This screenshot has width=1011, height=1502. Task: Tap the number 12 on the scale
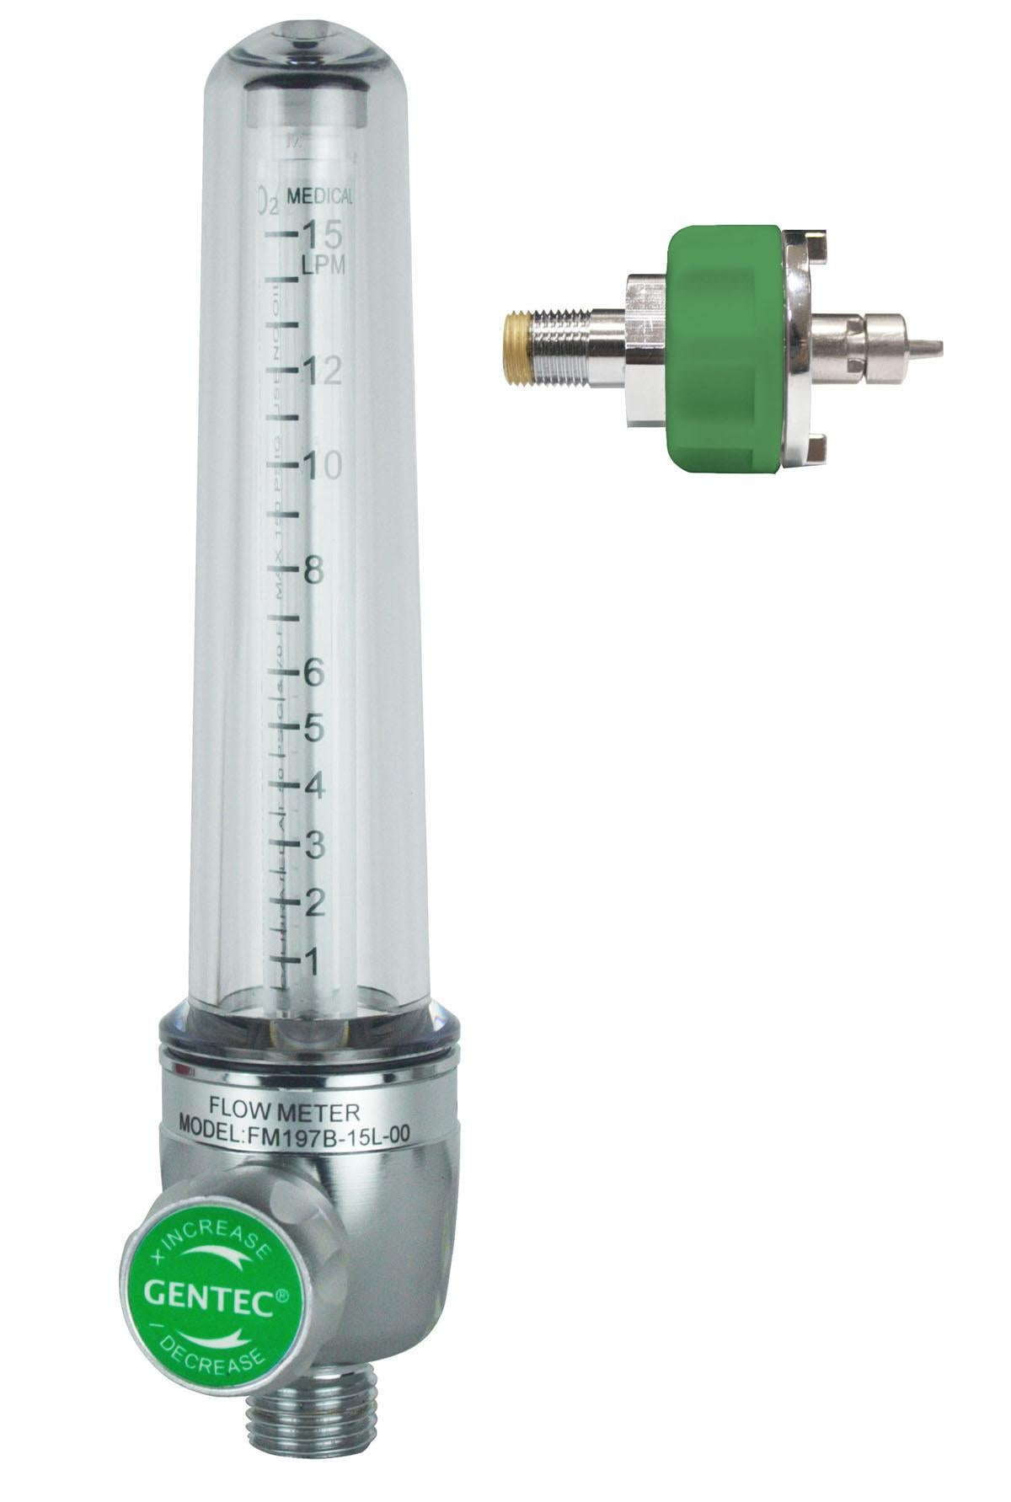click(x=324, y=370)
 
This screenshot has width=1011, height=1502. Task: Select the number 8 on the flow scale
click(x=313, y=569)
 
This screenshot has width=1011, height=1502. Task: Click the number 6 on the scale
click(x=313, y=672)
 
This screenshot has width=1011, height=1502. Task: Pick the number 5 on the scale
click(x=313, y=729)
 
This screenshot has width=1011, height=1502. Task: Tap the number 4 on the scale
click(x=313, y=786)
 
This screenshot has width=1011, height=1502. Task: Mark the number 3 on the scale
click(x=313, y=845)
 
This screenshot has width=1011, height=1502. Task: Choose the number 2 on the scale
click(x=313, y=903)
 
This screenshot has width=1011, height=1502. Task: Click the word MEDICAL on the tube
click(x=320, y=197)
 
